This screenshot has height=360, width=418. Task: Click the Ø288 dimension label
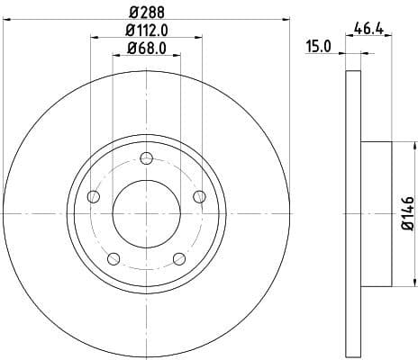(x=147, y=12)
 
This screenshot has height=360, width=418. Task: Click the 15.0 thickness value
(x=321, y=46)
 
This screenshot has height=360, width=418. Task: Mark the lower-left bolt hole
(x=114, y=259)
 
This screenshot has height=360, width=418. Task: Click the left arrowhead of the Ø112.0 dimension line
(x=95, y=37)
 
